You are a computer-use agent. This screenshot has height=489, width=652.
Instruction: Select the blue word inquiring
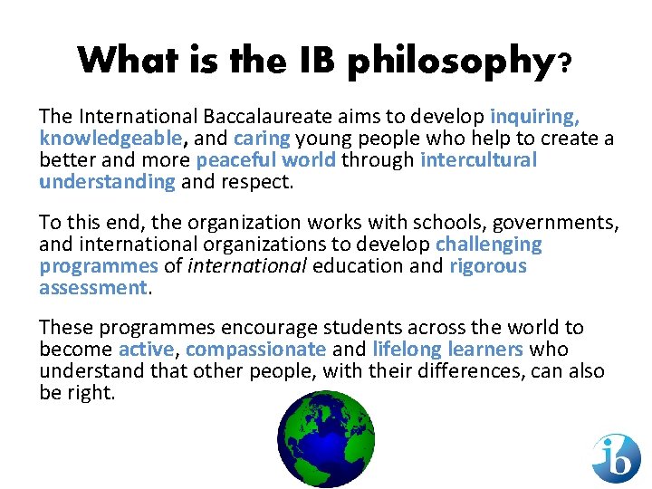534,117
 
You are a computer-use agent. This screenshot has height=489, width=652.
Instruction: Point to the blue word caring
262,139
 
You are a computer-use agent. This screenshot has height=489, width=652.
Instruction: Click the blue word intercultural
478,160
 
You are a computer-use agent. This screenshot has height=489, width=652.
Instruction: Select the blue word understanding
107,182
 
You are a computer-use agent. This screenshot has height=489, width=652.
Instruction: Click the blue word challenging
489,244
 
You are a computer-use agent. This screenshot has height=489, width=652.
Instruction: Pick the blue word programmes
98,266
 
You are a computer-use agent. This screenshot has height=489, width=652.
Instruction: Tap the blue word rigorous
487,266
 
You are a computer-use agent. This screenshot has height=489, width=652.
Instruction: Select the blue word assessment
93,288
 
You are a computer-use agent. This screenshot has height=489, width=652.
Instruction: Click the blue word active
145,350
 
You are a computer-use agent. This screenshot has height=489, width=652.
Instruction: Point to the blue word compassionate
255,350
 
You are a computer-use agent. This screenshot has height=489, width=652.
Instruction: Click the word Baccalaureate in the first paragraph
288,117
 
